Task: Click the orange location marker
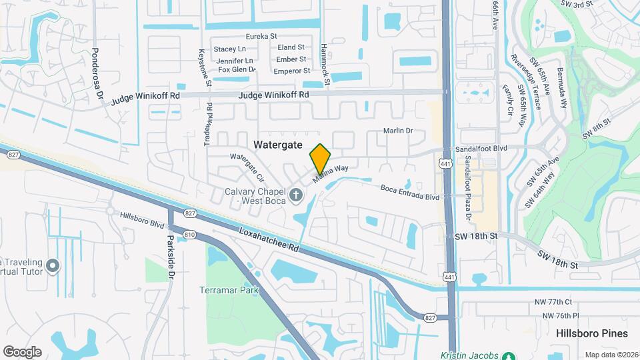point(320,159)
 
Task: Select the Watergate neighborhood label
point(278,145)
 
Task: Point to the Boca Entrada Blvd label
point(410,197)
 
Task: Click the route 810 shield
point(190,234)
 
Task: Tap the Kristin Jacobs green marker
point(509,357)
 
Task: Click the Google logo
point(22,351)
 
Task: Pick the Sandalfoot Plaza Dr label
point(468,189)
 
